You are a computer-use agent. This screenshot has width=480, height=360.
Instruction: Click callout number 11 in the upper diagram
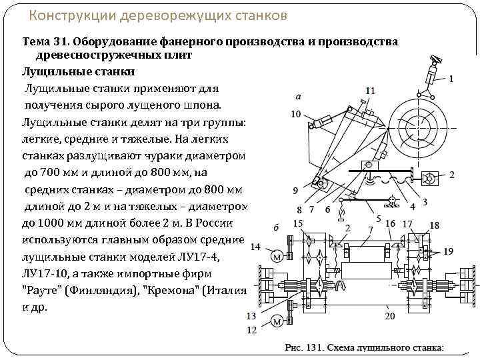coord(370,91)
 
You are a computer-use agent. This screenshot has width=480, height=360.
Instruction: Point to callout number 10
coord(296,114)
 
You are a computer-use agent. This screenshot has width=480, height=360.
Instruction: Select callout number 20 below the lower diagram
coord(390,315)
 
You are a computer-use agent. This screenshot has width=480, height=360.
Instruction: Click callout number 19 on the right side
coord(449,251)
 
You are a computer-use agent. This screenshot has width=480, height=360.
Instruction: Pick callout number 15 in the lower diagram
coord(299,223)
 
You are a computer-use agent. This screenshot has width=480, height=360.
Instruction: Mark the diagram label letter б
coord(275,227)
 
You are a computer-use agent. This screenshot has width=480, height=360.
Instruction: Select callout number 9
coord(295,191)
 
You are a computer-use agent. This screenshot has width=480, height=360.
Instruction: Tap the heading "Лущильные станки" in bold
coord(79,71)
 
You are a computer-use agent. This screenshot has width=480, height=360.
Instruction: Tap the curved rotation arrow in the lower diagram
coord(341,285)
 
